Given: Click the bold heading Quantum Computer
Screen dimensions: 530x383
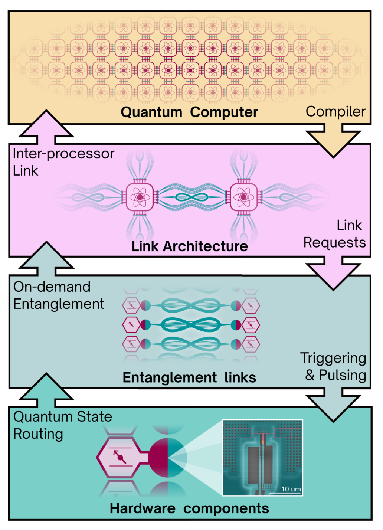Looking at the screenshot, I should coord(189,112).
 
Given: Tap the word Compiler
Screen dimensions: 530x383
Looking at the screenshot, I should coord(335,111).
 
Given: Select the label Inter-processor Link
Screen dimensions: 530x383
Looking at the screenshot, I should coord(63,162).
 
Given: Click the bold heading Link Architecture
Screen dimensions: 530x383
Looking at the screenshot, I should coord(190,246).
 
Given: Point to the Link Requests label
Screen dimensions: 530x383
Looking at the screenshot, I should coord(335,234).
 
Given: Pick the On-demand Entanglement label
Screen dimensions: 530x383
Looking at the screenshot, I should coord(59,295).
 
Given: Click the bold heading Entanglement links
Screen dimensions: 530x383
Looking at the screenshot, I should coord(189,377).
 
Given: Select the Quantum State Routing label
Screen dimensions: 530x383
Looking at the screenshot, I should coord(62,425).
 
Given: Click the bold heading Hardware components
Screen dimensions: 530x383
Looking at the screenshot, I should coord(189,508).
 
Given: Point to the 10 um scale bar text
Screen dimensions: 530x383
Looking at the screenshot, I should coord(291,489).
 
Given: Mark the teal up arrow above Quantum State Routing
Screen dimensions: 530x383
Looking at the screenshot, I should coord(46,390).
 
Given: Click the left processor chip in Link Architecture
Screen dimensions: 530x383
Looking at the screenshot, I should coord(140,197).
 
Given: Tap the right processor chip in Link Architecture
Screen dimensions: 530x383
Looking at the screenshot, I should coord(243,197).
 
